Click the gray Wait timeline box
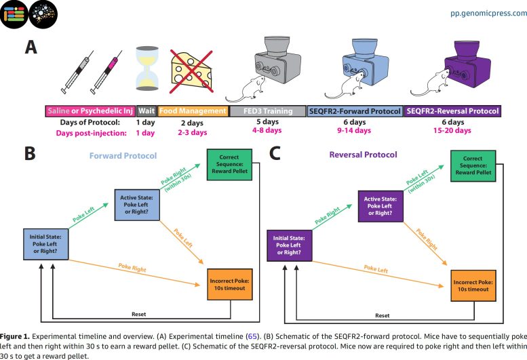click(146, 111)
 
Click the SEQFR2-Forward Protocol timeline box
click(354, 111)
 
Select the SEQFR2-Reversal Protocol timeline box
click(453, 111)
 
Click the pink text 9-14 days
click(355, 132)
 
